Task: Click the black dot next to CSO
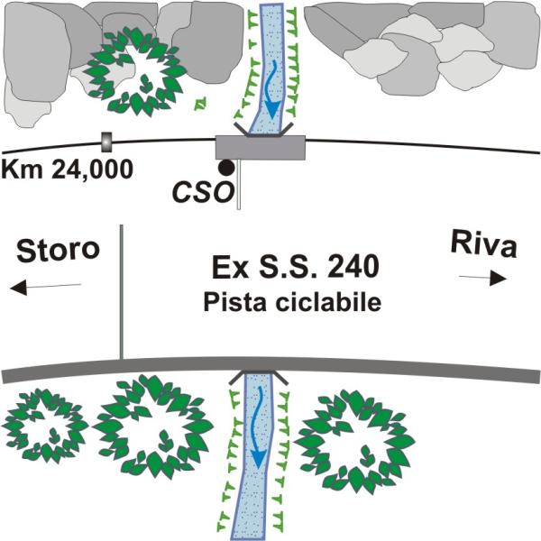[226, 167]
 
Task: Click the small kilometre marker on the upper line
[105, 142]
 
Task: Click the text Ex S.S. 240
[290, 268]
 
